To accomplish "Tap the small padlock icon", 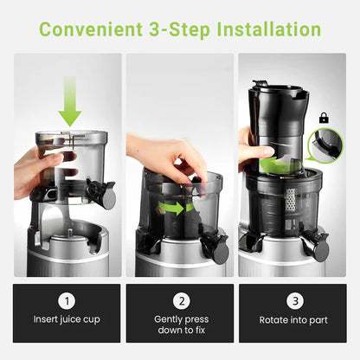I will coord(324,117).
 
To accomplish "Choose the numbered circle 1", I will coord(67,302).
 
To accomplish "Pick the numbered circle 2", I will coord(180,302).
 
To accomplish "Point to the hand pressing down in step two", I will coord(164,156).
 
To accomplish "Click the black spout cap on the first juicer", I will coord(106,196).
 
